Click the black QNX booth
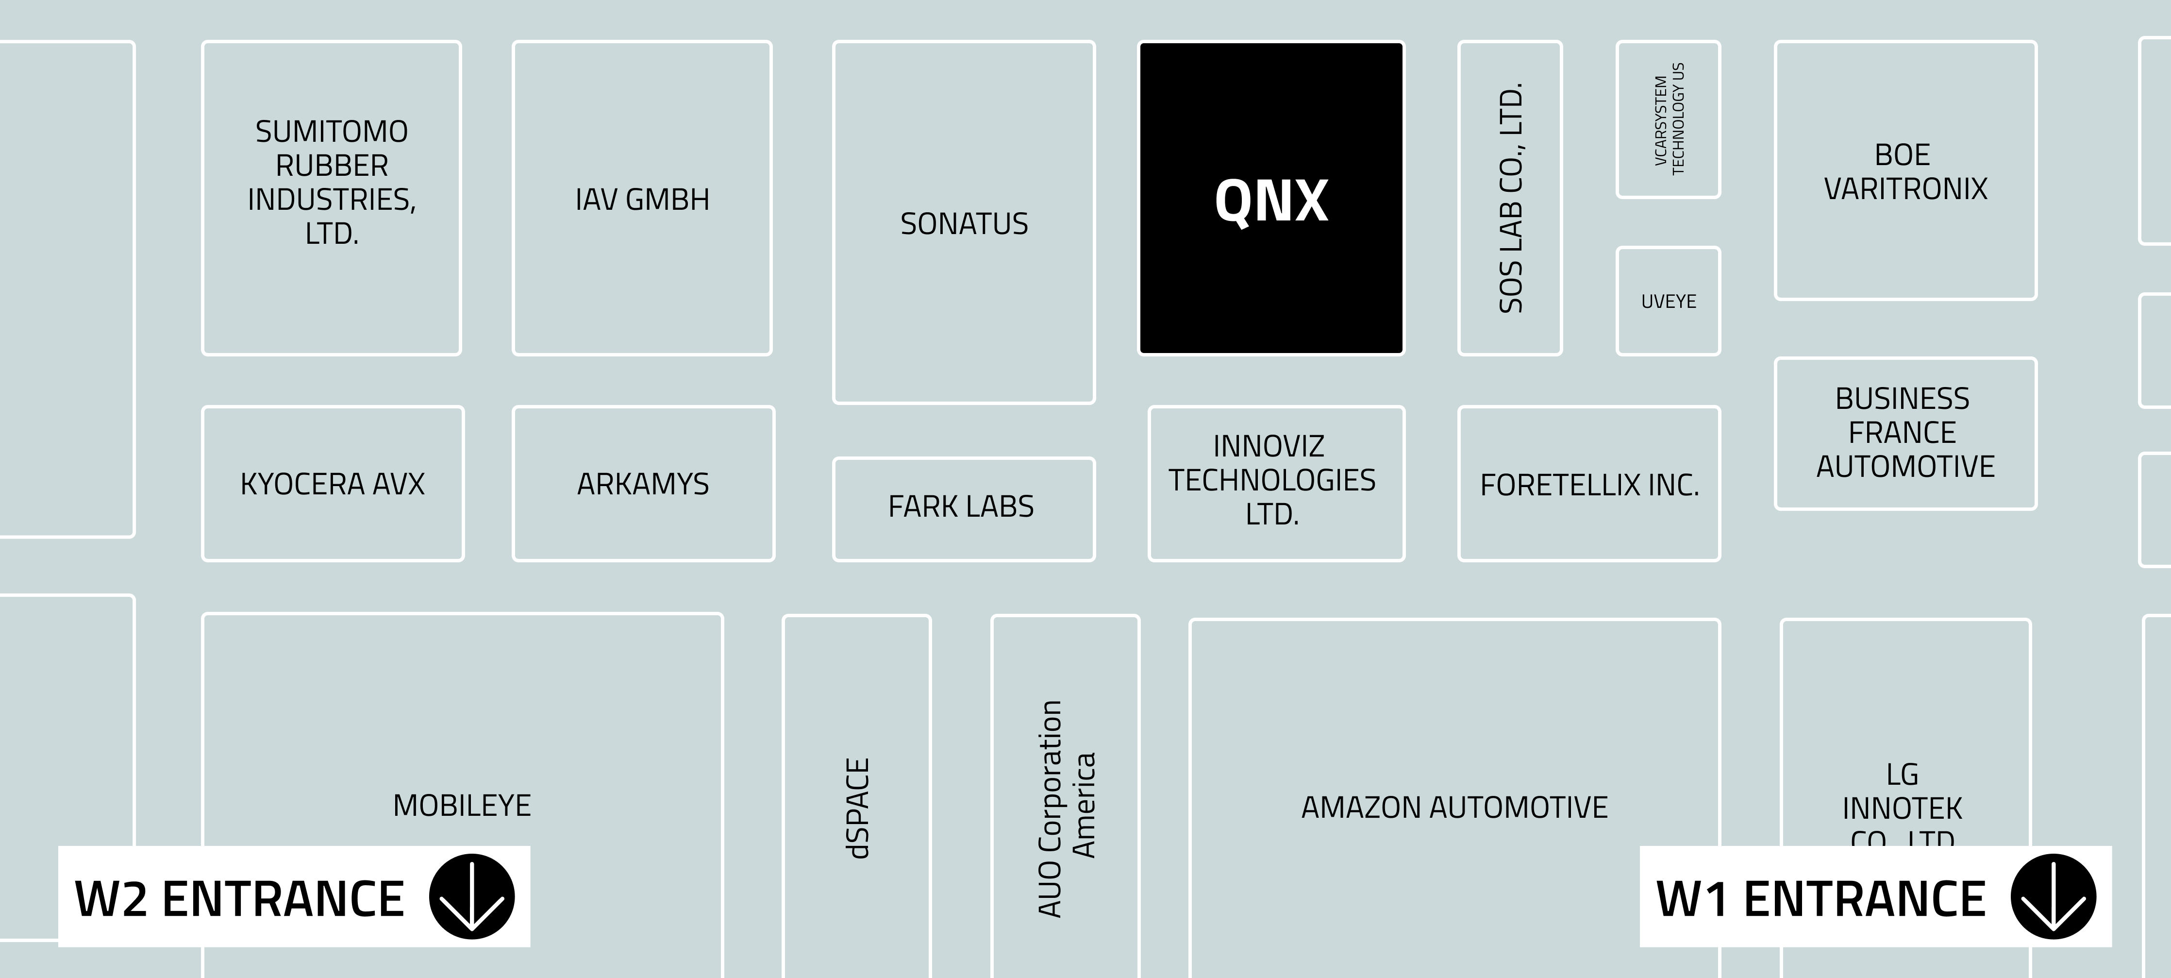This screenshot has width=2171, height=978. [x=1271, y=199]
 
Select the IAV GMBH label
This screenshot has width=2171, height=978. [x=642, y=200]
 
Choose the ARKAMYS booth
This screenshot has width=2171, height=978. [x=643, y=484]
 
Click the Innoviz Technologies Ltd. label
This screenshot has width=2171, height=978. [x=1272, y=480]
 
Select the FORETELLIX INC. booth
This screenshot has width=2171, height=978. [x=1589, y=485]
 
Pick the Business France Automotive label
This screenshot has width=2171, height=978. [x=1904, y=433]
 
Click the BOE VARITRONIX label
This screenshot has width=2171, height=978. [x=1904, y=172]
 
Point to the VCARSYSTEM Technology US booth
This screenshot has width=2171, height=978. [x=1669, y=119]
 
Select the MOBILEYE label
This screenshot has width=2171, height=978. [x=462, y=805]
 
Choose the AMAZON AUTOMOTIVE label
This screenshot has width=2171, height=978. [x=1454, y=808]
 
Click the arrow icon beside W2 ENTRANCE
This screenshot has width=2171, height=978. [x=472, y=896]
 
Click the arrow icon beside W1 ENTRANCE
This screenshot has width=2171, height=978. [x=2053, y=896]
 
